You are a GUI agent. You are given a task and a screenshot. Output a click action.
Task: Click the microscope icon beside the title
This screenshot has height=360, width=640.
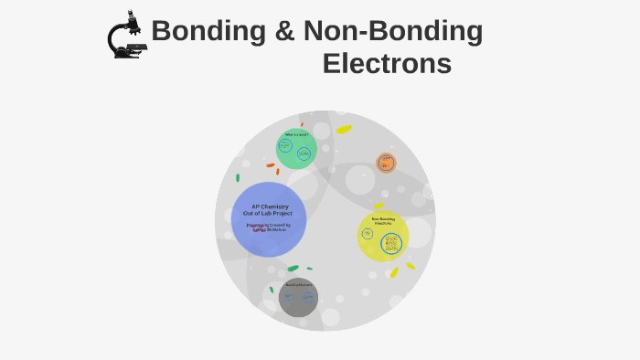[x=127, y=36]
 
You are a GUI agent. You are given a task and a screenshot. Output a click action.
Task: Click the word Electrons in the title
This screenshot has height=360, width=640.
[x=387, y=64]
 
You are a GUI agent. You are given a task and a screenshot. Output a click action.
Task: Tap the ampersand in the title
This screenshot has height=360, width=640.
[x=283, y=32]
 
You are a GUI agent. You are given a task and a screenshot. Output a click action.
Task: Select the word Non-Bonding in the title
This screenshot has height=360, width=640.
[x=393, y=32]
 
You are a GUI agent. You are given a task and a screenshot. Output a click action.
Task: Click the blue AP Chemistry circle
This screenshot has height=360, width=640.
[x=268, y=219]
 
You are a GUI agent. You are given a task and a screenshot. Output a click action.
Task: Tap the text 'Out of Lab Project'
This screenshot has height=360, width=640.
[x=268, y=214]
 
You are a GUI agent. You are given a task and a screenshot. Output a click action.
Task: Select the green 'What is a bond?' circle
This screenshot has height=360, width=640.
[x=296, y=149]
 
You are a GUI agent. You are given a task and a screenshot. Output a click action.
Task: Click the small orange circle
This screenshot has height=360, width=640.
[x=386, y=164]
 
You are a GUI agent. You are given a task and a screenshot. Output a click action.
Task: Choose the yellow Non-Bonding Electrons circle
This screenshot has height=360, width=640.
[x=383, y=236]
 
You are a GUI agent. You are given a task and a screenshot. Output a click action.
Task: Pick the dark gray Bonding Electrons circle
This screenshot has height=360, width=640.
[x=298, y=298]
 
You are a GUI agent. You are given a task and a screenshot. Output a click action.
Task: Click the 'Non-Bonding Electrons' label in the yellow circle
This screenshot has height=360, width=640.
[x=383, y=221]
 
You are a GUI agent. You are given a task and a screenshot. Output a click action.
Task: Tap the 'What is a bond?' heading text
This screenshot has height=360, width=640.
[x=296, y=134]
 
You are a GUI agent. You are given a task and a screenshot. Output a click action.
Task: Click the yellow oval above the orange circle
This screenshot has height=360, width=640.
[x=344, y=130]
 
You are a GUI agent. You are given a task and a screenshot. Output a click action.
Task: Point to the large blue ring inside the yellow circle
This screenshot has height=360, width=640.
[x=391, y=243]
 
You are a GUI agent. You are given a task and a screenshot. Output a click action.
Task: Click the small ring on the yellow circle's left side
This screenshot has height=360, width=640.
[x=368, y=234]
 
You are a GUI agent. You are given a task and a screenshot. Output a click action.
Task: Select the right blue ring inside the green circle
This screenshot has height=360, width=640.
[x=304, y=154]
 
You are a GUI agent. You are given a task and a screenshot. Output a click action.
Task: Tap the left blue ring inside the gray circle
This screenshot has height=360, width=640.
[x=288, y=297]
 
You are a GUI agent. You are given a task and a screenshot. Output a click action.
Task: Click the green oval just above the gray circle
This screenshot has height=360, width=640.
[x=293, y=269]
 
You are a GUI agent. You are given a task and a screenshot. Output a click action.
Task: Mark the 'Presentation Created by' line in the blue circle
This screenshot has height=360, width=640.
[x=268, y=225]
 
